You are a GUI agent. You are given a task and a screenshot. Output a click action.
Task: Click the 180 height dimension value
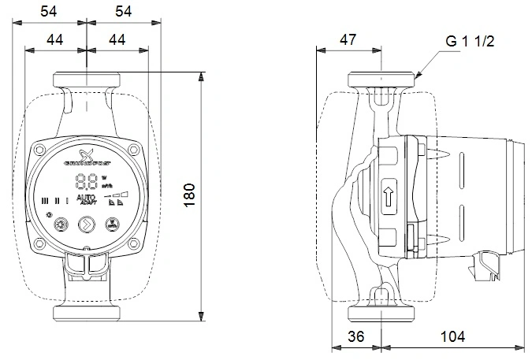189,194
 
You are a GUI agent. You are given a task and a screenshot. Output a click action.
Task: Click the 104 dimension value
452,336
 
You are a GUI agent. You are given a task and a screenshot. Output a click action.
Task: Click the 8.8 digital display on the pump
86,183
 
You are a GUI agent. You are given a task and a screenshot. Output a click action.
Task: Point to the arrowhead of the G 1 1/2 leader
419,76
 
